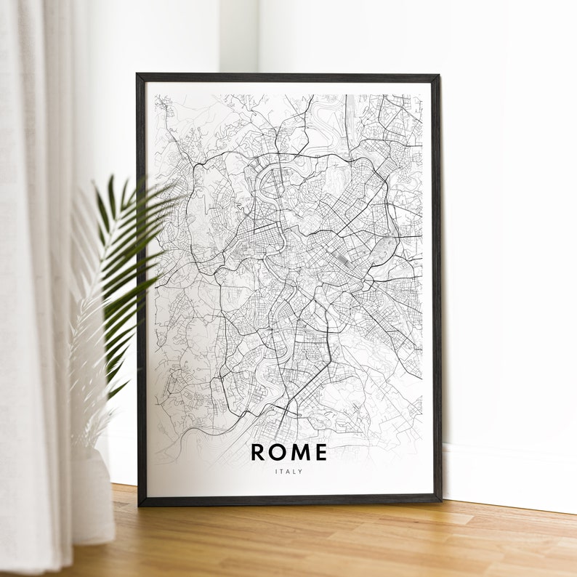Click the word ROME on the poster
click(288, 452)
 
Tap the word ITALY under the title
click(288, 472)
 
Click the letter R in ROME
click(259, 452)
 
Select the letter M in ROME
click(299, 452)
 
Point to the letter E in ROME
click(320, 452)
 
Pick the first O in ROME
click(278, 452)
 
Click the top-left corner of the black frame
click(138, 76)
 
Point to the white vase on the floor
click(92, 501)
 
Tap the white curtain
click(33, 291)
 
